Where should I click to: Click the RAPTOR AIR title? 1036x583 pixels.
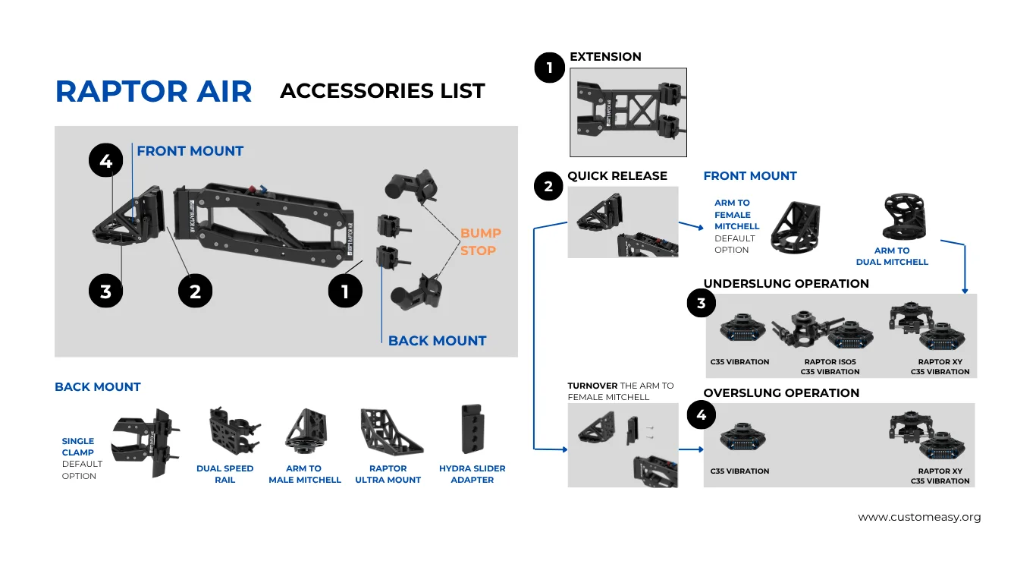click(x=153, y=91)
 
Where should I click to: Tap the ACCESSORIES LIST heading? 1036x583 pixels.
click(x=382, y=91)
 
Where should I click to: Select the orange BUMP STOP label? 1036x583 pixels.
click(x=480, y=241)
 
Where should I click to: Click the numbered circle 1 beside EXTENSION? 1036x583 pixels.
click(x=549, y=68)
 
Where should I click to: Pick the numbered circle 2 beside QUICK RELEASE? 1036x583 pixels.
click(x=548, y=187)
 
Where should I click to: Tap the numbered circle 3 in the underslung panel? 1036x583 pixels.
click(x=701, y=304)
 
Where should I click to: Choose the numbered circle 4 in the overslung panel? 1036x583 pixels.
click(x=701, y=415)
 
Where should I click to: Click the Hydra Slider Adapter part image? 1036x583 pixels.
click(x=472, y=429)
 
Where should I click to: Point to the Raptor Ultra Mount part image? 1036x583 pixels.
click(x=391, y=431)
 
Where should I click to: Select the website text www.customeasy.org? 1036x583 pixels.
click(x=919, y=517)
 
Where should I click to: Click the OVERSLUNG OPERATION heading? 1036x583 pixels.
click(x=781, y=393)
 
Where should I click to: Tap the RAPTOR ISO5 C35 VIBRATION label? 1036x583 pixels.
click(x=830, y=367)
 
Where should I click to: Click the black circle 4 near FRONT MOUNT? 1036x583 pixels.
click(x=105, y=161)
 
